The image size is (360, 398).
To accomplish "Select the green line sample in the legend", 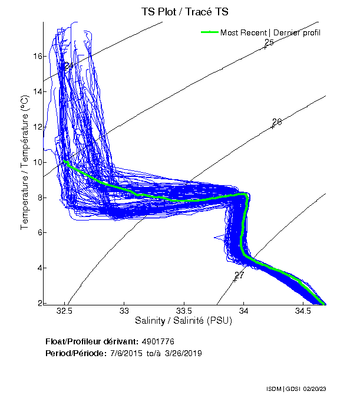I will pos(210,32).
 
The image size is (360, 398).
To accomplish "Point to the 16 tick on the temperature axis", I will pos(37,57).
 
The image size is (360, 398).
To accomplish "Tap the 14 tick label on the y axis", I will pos(37,91).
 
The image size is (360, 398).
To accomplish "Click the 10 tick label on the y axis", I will pos(37,162).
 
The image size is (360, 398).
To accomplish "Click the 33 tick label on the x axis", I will pos(124,311).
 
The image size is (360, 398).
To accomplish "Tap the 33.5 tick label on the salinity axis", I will pos(184,311).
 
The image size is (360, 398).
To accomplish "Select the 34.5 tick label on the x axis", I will pos(303,311).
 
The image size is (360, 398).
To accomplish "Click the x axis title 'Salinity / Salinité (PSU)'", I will pos(184,321).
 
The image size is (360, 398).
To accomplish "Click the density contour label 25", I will pos(269,42).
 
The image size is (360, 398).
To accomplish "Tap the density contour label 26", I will pos(277,121).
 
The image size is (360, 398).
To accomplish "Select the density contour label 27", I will pos(239,275).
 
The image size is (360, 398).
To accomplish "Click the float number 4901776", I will pos(157,341).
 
